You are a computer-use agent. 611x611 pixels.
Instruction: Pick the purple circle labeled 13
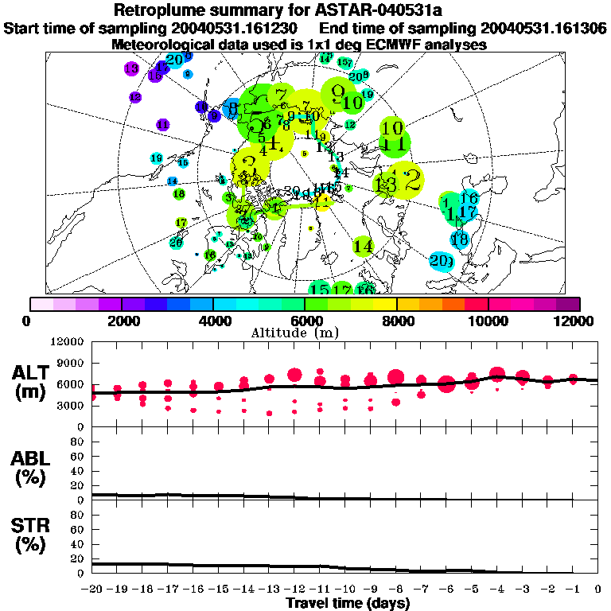point(131,68)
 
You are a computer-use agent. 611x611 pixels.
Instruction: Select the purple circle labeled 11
point(163,125)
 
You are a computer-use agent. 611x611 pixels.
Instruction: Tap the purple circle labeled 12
point(135,97)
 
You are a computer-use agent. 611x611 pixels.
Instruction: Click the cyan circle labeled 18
point(460,239)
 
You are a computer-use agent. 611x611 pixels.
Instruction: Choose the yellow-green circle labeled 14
point(363,247)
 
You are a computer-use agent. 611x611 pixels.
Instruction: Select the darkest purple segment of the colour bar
point(568,304)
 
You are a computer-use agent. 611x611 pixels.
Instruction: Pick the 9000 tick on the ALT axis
point(72,363)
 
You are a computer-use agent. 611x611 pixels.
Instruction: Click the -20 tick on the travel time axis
point(93,590)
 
